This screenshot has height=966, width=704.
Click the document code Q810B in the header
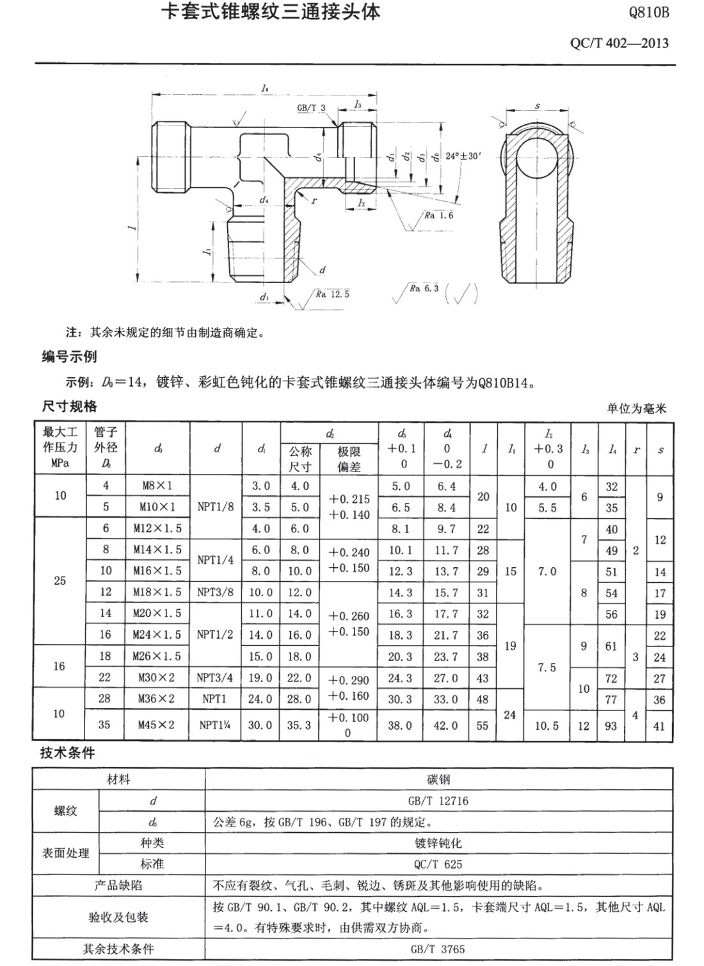[648, 12]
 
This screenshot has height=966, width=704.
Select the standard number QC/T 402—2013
[619, 43]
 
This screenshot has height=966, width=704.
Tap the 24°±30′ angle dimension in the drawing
[463, 156]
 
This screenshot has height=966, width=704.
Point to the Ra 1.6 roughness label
[438, 215]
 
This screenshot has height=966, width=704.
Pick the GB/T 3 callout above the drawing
[312, 108]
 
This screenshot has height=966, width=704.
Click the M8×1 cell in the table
[157, 486]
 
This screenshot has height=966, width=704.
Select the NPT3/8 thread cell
[215, 592]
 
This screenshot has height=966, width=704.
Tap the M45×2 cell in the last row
[157, 724]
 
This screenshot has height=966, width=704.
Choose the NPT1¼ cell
[215, 724]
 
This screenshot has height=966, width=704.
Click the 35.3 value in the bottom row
[300, 725]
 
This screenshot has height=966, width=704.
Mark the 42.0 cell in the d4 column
[446, 725]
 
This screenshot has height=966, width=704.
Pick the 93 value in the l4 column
[611, 726]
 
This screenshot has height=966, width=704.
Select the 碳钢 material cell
[438, 780]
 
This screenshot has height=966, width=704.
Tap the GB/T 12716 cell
[438, 801]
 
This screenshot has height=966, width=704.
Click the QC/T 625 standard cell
[438, 864]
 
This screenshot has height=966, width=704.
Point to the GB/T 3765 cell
[438, 949]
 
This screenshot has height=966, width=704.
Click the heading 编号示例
[69, 356]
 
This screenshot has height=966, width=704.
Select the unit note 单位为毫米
[637, 408]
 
